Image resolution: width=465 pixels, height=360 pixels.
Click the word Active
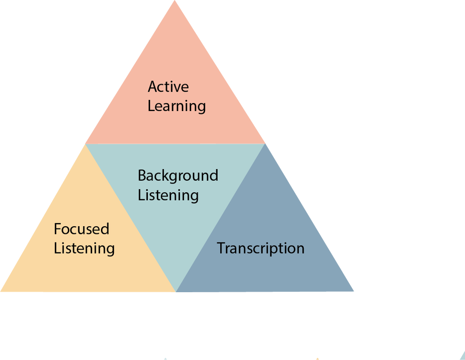(168, 87)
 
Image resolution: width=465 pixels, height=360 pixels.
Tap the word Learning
(177, 106)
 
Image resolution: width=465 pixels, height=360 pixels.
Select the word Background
(178, 176)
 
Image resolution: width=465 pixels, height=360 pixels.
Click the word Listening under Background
(168, 195)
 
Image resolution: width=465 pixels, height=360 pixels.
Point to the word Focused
(81, 229)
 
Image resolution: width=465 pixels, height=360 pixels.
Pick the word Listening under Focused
(84, 248)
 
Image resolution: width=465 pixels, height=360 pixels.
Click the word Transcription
(260, 248)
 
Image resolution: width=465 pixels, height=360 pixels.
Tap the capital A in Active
(153, 87)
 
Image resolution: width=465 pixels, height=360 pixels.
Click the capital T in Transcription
(221, 248)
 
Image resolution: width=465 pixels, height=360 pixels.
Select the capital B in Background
(142, 176)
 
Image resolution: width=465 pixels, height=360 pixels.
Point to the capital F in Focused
(58, 229)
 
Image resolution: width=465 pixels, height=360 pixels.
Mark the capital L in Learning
(151, 106)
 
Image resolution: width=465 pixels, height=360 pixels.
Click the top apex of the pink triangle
(175, 1)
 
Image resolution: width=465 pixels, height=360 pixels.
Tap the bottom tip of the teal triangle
(176, 291)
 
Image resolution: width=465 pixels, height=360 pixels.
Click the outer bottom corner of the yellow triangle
(1, 291)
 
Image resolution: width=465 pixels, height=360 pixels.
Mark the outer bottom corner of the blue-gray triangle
(353, 291)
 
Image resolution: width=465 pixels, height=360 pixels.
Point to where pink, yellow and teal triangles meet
(86, 144)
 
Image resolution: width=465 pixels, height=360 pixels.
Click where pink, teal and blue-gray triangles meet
(265, 144)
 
